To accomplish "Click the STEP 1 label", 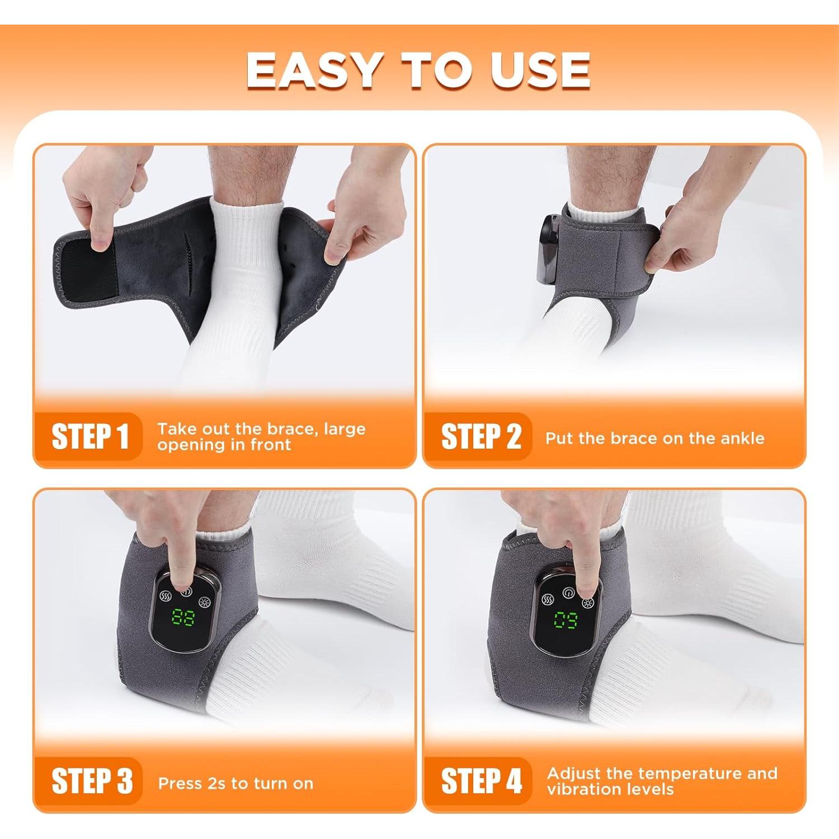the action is pyautogui.click(x=90, y=436).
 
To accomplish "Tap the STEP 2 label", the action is pyautogui.click(x=481, y=436).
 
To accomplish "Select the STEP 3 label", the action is pyautogui.click(x=92, y=781).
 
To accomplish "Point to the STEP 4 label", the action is pyautogui.click(x=482, y=781).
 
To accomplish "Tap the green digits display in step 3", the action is pyautogui.click(x=183, y=618).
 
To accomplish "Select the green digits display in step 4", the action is pyautogui.click(x=566, y=620).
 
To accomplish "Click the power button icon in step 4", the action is pyautogui.click(x=568, y=592).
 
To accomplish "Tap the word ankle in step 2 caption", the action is pyautogui.click(x=741, y=438).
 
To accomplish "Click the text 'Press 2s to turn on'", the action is pyautogui.click(x=235, y=783).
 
